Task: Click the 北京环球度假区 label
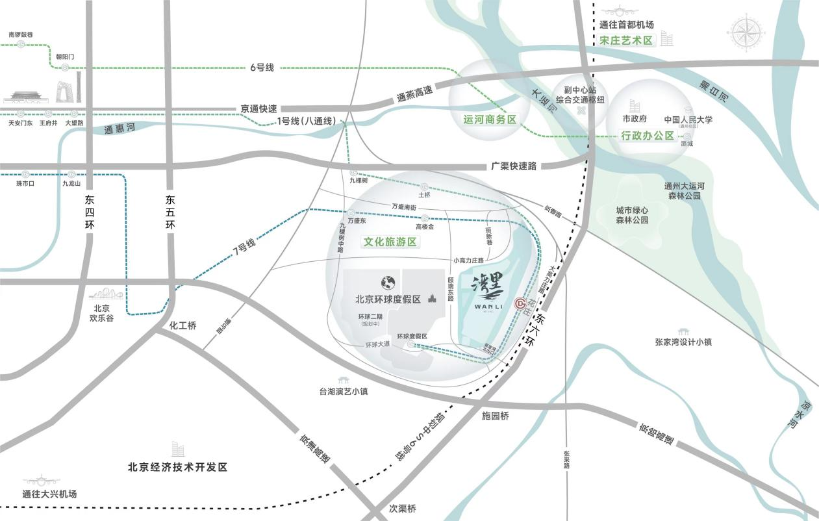388,299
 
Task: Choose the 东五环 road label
171,212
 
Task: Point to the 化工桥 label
183,325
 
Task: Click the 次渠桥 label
402,509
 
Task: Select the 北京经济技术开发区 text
177,467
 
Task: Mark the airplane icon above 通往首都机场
620,12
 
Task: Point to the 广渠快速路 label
514,166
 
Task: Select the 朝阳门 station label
65,57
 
